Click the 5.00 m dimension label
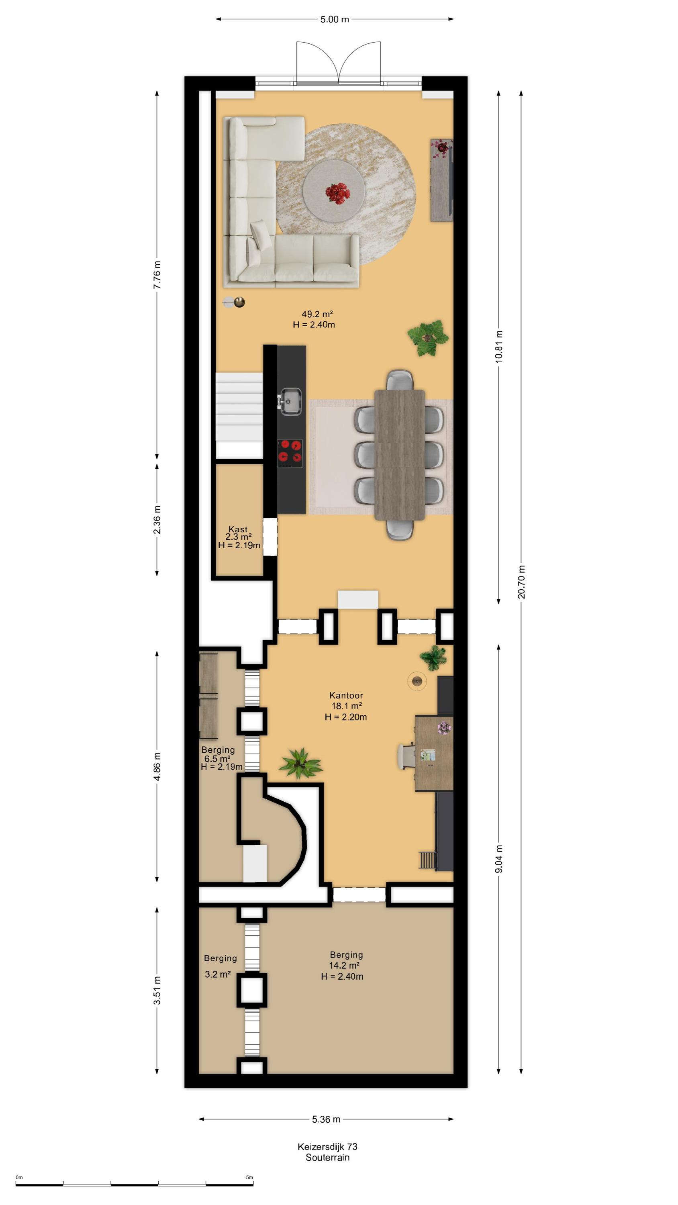335,19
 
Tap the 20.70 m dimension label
521,582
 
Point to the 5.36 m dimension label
326,1119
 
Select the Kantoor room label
346,696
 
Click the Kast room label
238,529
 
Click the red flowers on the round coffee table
337,193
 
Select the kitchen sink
290,401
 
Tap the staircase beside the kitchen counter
239,415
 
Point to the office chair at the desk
407,756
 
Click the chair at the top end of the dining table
400,380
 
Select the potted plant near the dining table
428,338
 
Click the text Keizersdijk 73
327,1146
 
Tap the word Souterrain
327,1157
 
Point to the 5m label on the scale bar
249,1177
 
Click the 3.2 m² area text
218,974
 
